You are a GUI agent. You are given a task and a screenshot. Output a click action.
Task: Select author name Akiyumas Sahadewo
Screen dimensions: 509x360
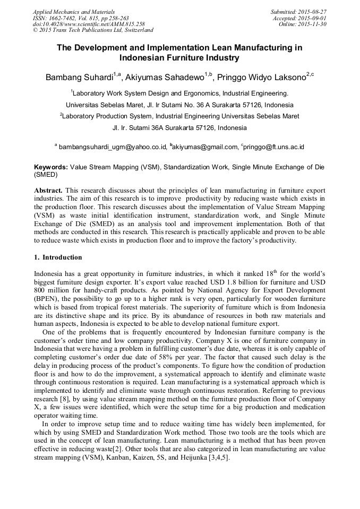[165, 78]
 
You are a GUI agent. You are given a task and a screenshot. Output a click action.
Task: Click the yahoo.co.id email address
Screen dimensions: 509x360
[112, 147]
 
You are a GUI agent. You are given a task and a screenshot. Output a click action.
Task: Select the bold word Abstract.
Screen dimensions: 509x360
[48, 190]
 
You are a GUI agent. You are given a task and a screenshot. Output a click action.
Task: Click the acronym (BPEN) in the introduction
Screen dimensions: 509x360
[46, 299]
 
